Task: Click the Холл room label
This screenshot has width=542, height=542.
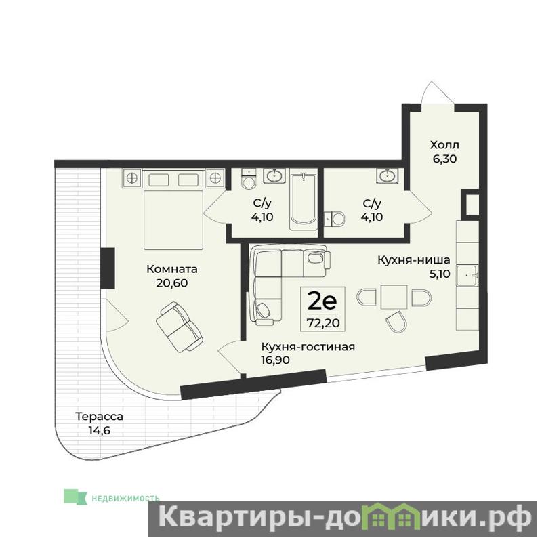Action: (x=444, y=144)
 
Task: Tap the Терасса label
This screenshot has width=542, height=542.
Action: (x=99, y=417)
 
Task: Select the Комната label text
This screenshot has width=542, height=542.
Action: (x=172, y=269)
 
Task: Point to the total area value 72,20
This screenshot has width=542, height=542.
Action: (x=323, y=323)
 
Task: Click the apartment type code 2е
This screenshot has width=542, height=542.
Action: (x=322, y=301)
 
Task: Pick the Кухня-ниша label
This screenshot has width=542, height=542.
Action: (x=414, y=259)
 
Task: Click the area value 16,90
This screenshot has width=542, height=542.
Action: (x=276, y=360)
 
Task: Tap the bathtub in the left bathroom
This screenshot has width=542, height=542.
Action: (x=303, y=201)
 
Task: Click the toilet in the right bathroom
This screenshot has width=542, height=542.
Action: (x=334, y=218)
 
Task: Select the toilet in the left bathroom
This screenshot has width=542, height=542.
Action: (x=248, y=179)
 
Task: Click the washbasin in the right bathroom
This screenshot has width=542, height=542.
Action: (x=388, y=175)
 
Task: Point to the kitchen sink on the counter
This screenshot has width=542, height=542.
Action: (x=467, y=276)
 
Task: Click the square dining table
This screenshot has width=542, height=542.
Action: (x=394, y=297)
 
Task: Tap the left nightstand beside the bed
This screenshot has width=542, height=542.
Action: (x=131, y=178)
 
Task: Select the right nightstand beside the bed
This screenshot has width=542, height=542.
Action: (x=215, y=178)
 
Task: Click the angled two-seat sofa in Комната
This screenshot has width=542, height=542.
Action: (x=179, y=327)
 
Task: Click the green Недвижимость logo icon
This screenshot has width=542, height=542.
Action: (x=75, y=497)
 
